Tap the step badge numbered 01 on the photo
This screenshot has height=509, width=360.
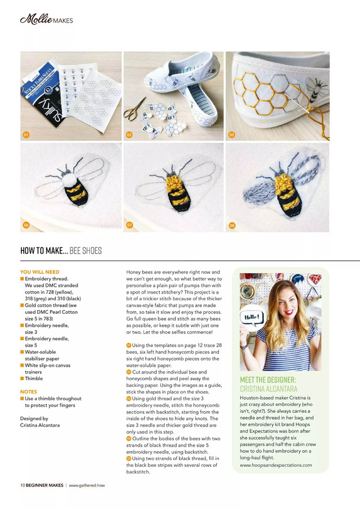25,135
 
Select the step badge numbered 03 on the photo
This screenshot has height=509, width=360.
231,135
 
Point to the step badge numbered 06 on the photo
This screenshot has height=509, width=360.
25,226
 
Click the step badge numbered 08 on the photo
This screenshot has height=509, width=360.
231,226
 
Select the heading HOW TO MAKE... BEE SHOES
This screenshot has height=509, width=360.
61,251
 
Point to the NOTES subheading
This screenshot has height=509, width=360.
29,392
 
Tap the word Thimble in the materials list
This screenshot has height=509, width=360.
33,379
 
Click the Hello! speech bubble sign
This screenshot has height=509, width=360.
251,318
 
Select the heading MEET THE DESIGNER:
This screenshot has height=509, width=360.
268,380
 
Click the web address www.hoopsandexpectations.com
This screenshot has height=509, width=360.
276,465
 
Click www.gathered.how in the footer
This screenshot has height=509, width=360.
87,485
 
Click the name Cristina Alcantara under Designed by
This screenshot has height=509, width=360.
40,425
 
